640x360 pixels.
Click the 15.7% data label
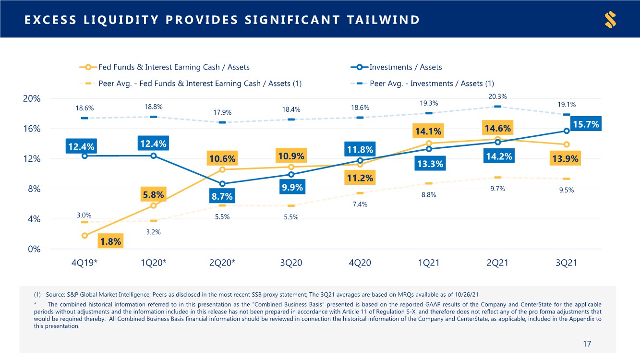pyautogui.click(x=586, y=125)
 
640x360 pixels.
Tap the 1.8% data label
pyautogui.click(x=110, y=241)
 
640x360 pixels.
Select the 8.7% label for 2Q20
pyautogui.click(x=222, y=196)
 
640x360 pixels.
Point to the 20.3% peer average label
pyautogui.click(x=498, y=96)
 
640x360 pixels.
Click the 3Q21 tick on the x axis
pyautogui.click(x=567, y=263)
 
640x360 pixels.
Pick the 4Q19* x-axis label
pyautogui.click(x=85, y=263)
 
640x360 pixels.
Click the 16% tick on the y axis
pyautogui.click(x=32, y=129)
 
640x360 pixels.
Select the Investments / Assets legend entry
pyautogui.click(x=405, y=67)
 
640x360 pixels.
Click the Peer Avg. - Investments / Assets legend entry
pyautogui.click(x=431, y=84)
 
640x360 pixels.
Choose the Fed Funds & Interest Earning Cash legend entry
pyautogui.click(x=173, y=67)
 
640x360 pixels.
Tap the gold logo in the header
pyautogui.click(x=611, y=20)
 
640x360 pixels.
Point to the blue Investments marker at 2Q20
pyautogui.click(x=222, y=184)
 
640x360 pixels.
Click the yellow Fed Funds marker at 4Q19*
pyautogui.click(x=85, y=236)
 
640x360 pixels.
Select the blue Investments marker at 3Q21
pyautogui.click(x=567, y=131)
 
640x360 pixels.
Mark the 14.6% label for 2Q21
pyautogui.click(x=498, y=128)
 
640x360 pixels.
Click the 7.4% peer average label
pyautogui.click(x=360, y=204)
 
